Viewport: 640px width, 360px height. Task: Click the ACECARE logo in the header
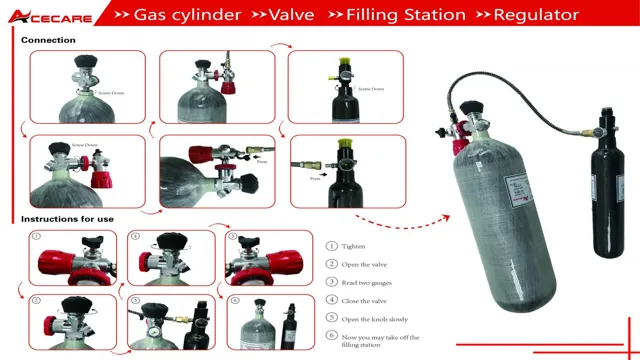coord(50,15)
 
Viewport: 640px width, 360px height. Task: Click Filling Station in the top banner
coord(406,15)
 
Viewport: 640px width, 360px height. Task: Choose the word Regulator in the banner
coord(535,15)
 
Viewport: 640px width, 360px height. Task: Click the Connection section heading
coord(48,40)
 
